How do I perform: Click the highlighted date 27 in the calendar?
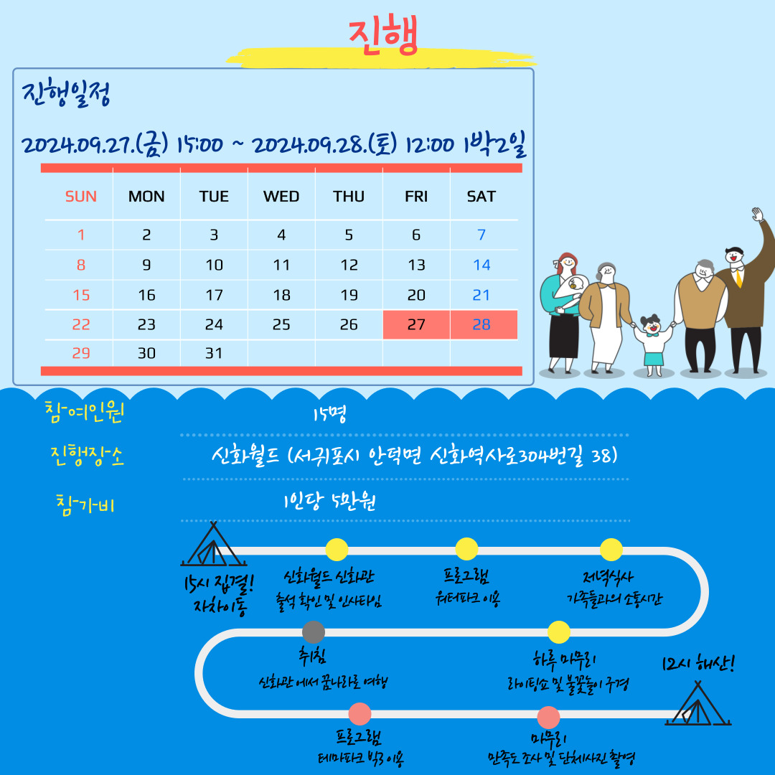[x=416, y=325]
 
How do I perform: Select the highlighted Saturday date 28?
[x=482, y=325]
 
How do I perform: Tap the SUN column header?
[x=80, y=197]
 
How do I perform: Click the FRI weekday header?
[x=416, y=197]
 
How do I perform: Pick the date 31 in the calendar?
[x=214, y=353]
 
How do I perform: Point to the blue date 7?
[x=482, y=235]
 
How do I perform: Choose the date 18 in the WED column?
[x=281, y=295]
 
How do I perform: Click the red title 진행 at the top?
[x=383, y=34]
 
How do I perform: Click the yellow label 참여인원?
[x=84, y=412]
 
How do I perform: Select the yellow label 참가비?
[x=85, y=504]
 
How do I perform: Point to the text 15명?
[x=329, y=414]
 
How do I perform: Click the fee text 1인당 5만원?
[x=329, y=501]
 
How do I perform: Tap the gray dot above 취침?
[x=314, y=631]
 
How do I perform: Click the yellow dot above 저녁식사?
[x=611, y=550]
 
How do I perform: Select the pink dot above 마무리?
[x=548, y=718]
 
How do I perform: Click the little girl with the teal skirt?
[x=654, y=345]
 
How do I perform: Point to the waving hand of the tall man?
[x=757, y=215]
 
